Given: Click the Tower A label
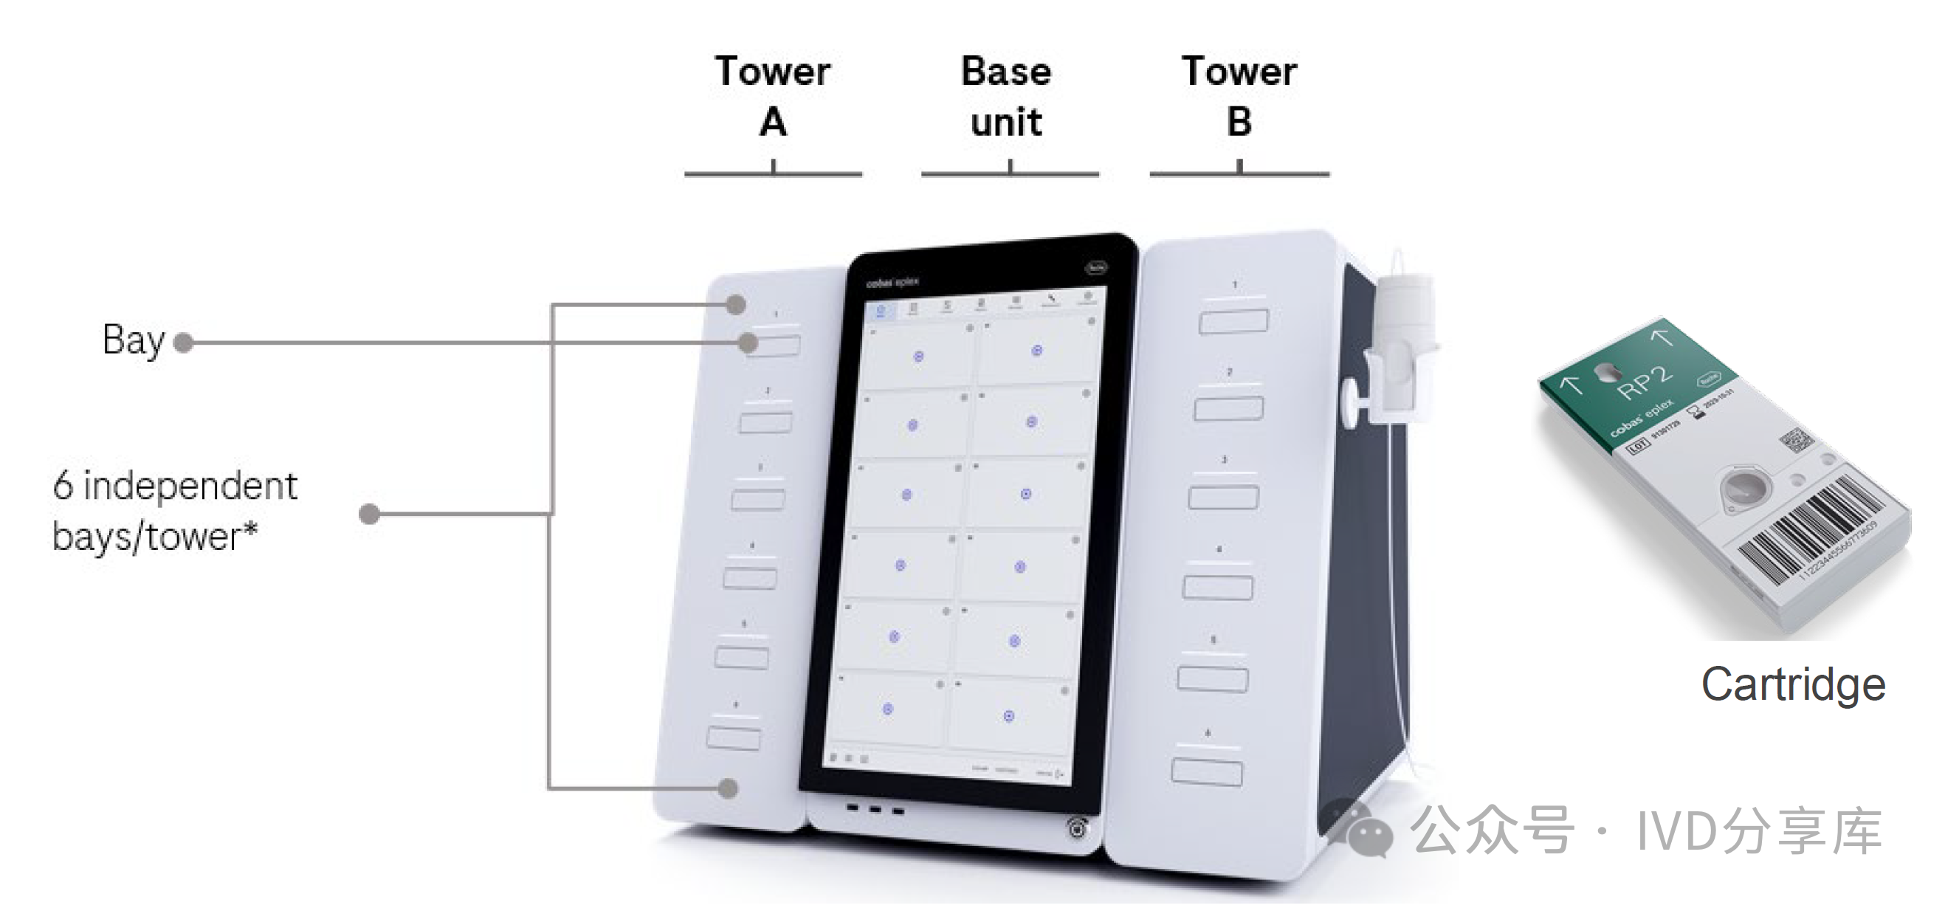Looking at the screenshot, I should point(772,96).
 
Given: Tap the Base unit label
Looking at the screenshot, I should point(1007,96).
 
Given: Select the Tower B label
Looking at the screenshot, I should point(1239,96).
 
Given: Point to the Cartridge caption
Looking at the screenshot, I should point(1793,684).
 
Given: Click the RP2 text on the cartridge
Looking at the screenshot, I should point(1645,382).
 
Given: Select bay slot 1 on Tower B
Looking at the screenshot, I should point(1233,321).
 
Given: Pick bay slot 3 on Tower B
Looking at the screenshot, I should point(1223,498).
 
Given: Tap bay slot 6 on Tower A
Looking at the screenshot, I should point(733,737).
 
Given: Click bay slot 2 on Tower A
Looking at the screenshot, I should point(765,422).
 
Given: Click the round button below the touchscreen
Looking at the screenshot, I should point(1078,828).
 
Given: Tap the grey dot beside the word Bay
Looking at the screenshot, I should point(183,343).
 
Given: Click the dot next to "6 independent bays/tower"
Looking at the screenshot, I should point(368,515).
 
